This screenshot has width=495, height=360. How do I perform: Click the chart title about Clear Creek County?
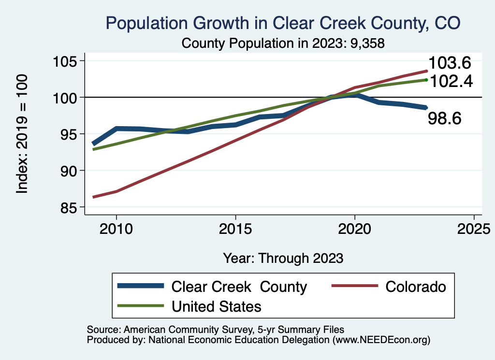tap(283, 23)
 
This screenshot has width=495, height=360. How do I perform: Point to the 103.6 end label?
tap(450, 63)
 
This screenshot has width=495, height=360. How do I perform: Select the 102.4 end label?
tap(450, 81)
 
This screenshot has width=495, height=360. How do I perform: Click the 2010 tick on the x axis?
tap(116, 228)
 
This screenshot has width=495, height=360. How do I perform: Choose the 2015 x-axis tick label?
tap(235, 228)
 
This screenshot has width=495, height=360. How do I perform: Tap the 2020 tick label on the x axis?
tap(355, 228)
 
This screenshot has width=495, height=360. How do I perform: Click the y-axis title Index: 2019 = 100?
tap(22, 134)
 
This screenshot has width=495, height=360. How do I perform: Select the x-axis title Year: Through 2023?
tap(283, 258)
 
